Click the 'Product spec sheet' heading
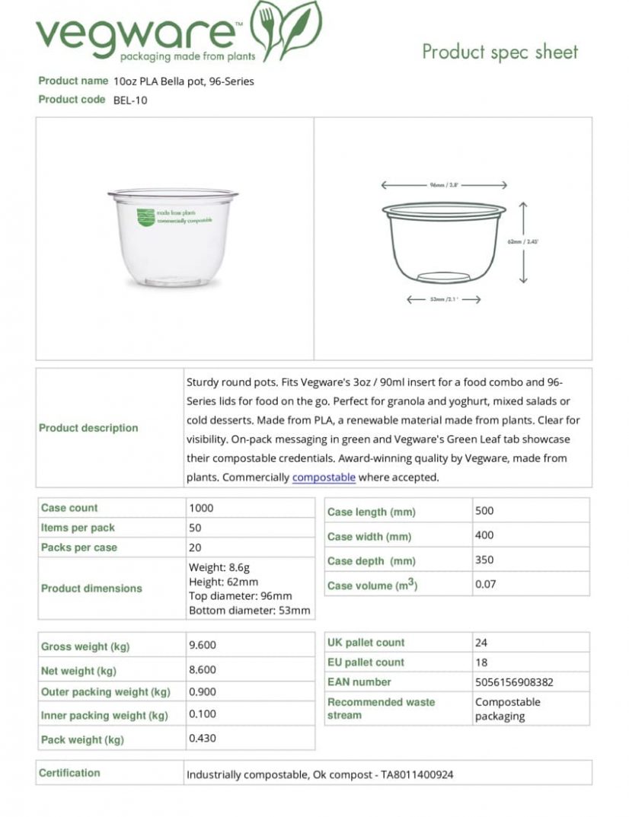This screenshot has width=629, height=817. coord(500,52)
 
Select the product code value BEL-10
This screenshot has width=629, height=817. coord(130,100)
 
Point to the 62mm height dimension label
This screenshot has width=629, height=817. coord(523,241)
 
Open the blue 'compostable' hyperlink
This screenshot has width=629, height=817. coord(324,477)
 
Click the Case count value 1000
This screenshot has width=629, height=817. coord(201,508)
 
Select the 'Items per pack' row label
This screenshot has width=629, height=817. coord(78,528)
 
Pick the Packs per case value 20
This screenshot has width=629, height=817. coord(195,547)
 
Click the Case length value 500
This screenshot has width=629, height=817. coord(484,511)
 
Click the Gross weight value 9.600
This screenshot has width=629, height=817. coord(203,645)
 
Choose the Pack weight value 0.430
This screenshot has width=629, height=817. coord(203,738)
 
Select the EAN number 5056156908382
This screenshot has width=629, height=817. coord(514,682)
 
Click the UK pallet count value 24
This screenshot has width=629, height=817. coord(481,643)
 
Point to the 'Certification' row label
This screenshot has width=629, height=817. coord(69,773)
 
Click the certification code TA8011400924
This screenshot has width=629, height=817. coord(417,775)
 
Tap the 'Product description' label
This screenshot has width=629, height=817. coord(88,428)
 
